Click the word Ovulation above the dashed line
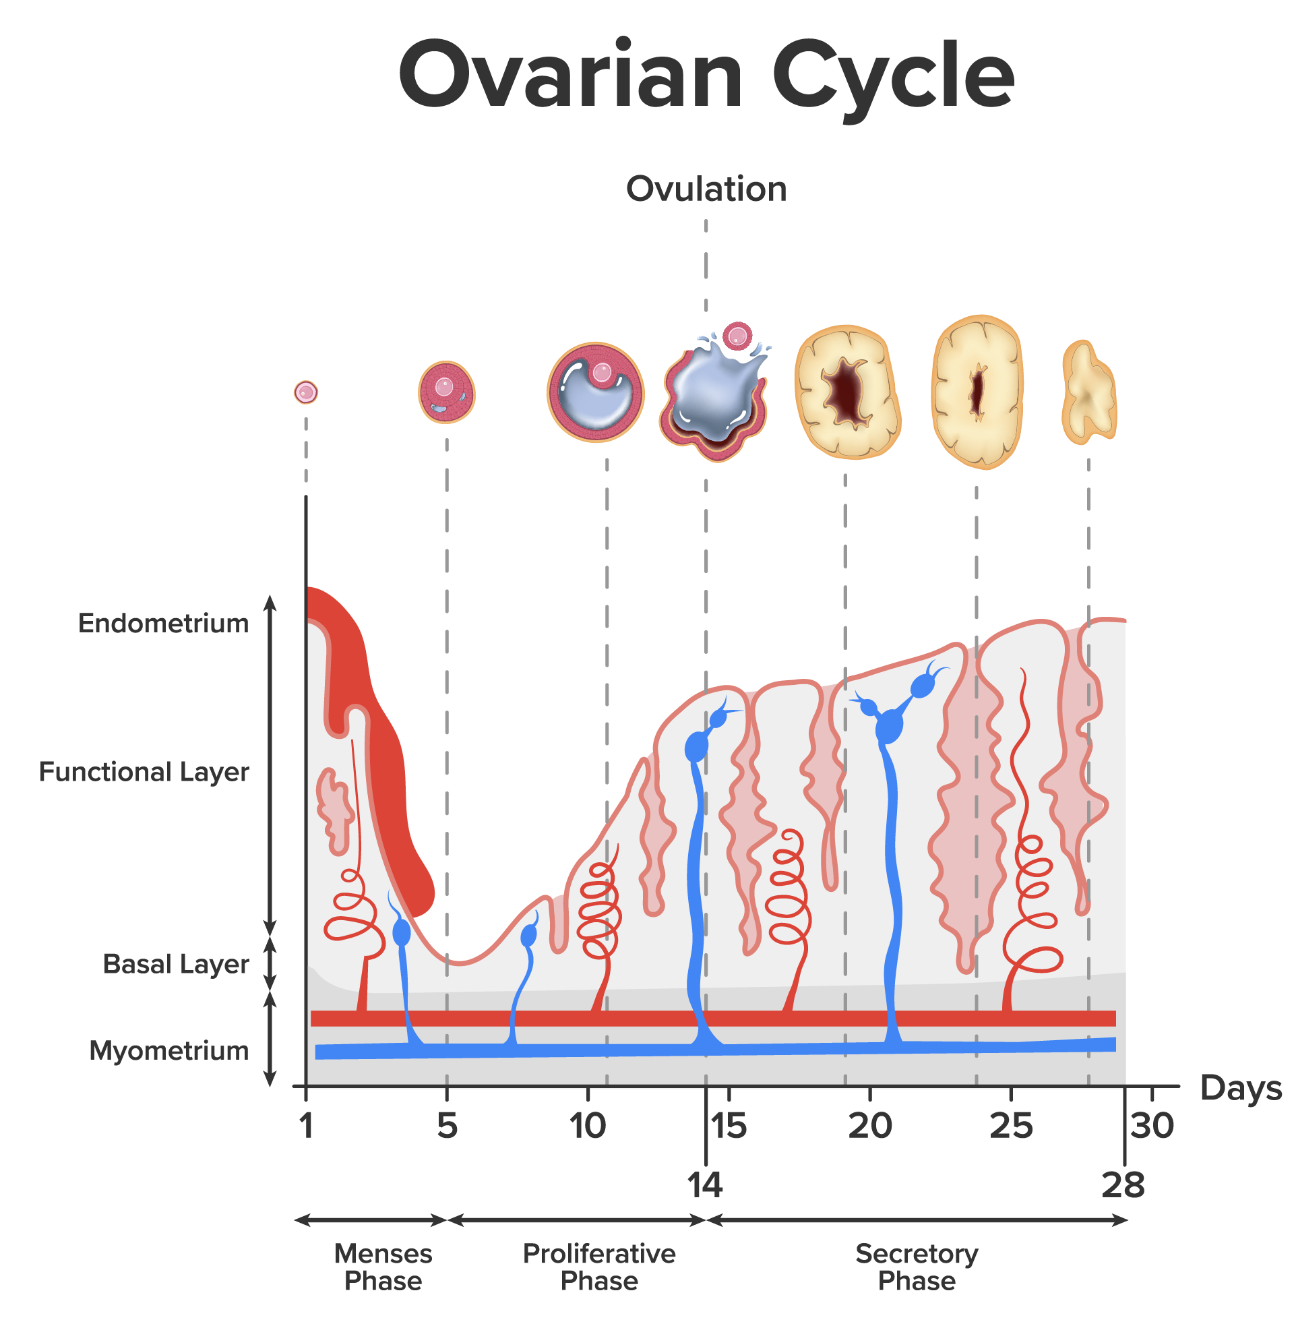click(x=706, y=189)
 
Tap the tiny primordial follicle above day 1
click(x=306, y=392)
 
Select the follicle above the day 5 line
click(x=447, y=392)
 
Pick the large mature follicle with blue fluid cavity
click(x=596, y=393)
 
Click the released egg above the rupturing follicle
click(x=737, y=336)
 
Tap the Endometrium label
click(x=163, y=624)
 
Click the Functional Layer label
click(x=144, y=772)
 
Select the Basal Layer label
click(x=175, y=964)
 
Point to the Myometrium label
click(x=168, y=1051)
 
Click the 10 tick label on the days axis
click(x=587, y=1126)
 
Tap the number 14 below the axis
click(x=705, y=1185)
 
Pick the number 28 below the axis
click(x=1123, y=1185)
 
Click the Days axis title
click(x=1239, y=1089)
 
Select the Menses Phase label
click(x=383, y=1267)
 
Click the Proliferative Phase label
click(x=598, y=1267)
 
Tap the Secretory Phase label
click(x=916, y=1267)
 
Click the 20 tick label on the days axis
click(x=869, y=1126)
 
